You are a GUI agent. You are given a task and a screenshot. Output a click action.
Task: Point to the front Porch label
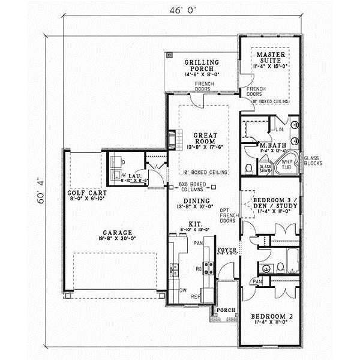point(226,310)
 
